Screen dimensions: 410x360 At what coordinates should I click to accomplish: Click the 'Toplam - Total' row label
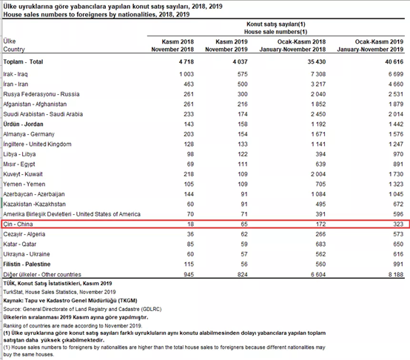point(23,61)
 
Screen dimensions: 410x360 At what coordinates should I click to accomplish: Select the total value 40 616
point(394,61)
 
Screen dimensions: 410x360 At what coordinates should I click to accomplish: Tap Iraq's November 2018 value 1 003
point(186,74)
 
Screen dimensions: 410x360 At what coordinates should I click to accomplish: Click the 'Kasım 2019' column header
point(232,41)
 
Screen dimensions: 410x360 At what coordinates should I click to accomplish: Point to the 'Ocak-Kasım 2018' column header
point(301,41)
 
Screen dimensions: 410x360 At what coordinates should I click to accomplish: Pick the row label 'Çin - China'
point(18,224)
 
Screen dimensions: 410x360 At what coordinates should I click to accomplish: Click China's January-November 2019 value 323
point(398,224)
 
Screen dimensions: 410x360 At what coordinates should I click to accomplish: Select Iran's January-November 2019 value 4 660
point(396,84)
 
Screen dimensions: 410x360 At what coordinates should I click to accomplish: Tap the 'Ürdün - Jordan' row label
point(23,124)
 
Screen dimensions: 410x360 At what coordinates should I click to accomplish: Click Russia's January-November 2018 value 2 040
point(318,94)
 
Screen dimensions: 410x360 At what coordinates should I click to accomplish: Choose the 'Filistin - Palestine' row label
point(27,264)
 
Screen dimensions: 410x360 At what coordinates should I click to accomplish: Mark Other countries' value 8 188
point(396,275)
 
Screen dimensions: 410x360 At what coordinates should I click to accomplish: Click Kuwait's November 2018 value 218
point(189,174)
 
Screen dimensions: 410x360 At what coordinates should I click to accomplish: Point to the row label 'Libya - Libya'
point(19,154)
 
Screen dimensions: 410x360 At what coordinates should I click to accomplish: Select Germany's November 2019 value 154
point(243,134)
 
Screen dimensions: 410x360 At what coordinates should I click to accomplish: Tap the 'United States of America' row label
point(108,214)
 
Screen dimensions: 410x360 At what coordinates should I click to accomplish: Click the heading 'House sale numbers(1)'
point(275,32)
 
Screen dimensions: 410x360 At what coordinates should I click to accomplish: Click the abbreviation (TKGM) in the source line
point(127,301)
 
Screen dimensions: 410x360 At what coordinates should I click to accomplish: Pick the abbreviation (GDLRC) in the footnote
point(151,309)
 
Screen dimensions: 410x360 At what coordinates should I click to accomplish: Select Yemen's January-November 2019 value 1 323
point(396,184)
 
